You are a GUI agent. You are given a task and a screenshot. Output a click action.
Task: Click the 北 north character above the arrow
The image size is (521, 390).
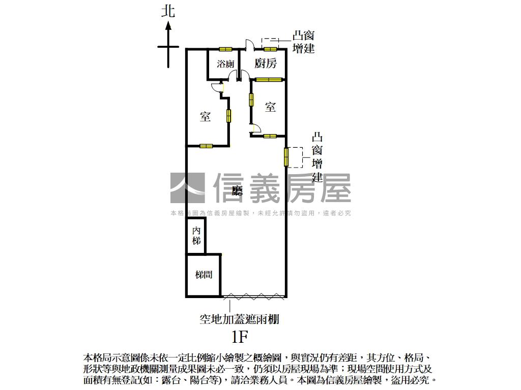(168, 11)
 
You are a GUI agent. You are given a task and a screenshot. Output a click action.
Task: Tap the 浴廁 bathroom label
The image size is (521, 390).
(225, 64)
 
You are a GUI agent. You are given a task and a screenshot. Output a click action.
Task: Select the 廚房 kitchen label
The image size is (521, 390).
(266, 63)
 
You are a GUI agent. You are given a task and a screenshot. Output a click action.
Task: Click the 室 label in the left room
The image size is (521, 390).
(205, 116)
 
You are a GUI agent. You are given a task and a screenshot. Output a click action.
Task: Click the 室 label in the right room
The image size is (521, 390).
(270, 107)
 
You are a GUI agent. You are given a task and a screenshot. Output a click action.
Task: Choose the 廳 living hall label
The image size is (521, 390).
(237, 191)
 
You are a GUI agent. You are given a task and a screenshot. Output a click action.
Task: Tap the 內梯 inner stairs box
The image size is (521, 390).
(196, 236)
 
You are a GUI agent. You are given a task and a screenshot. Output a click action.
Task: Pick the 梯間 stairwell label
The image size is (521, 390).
(204, 275)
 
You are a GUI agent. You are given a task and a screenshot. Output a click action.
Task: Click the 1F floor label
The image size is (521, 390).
(239, 336)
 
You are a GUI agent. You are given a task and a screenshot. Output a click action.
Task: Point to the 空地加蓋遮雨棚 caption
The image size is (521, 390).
(239, 319)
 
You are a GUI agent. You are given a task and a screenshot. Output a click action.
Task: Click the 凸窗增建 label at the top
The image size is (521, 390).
(304, 42)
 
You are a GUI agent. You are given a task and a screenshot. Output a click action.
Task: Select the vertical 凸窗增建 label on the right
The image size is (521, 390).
(317, 157)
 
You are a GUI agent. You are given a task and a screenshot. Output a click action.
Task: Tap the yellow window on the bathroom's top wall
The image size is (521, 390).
(225, 49)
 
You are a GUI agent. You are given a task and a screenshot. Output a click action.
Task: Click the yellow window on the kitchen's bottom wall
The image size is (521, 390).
(269, 79)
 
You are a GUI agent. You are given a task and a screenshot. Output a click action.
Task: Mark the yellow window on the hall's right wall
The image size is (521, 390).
(286, 156)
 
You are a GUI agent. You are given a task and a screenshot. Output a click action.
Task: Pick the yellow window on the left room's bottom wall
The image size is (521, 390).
(206, 146)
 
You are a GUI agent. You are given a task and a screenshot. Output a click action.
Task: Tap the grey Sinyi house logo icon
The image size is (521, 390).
(187, 188)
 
